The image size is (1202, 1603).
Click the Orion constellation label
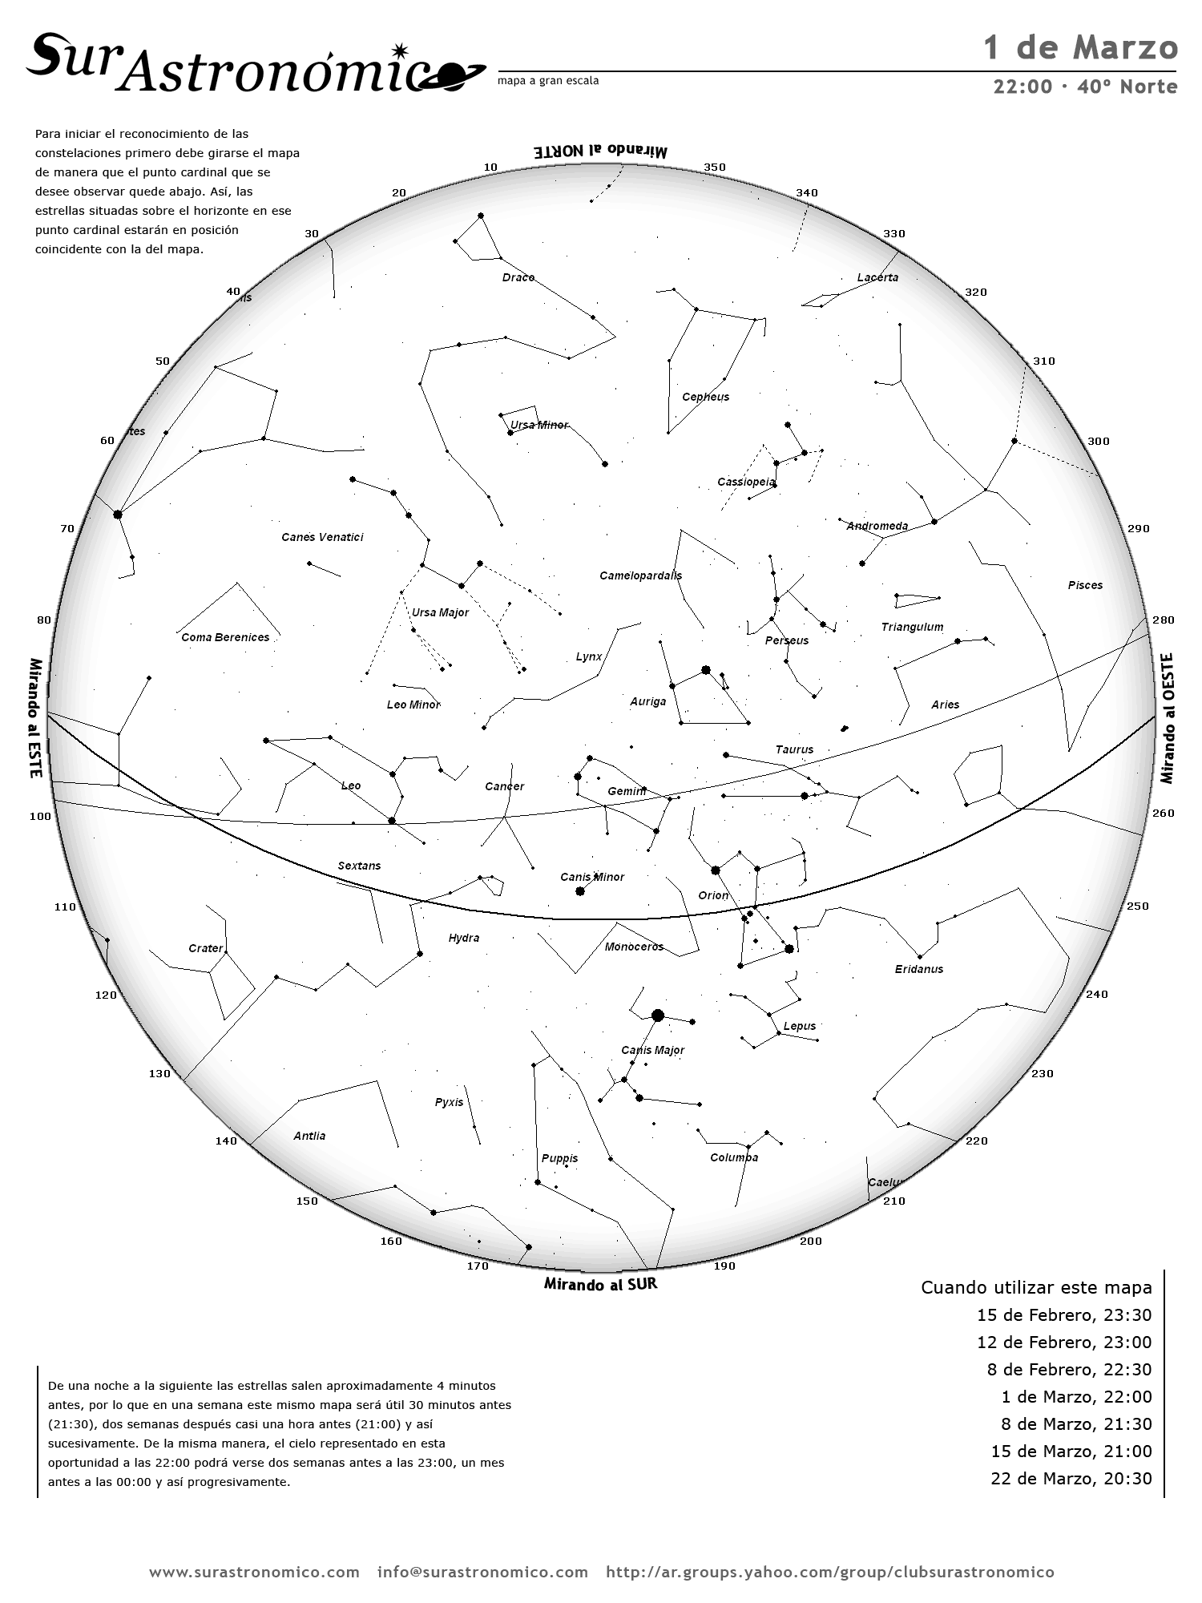pos(713,895)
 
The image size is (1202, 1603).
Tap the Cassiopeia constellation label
pos(746,482)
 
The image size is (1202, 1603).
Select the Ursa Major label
pos(440,612)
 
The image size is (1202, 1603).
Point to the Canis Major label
pos(652,1050)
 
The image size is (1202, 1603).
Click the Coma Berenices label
pos(225,637)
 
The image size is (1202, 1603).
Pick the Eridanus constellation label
pos(919,969)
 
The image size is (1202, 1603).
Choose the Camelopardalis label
pos(640,575)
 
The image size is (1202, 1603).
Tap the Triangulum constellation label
pos(912,627)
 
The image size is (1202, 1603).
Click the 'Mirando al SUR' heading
pos(600,1284)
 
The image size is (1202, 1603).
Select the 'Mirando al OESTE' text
pos(1167,718)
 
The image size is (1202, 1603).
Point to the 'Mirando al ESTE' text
pos(35,718)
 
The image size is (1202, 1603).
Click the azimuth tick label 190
pos(724,1266)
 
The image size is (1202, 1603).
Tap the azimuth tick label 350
pos(715,168)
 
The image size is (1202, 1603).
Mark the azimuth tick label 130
pos(159,1074)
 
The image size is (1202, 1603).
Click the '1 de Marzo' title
pos(1080,48)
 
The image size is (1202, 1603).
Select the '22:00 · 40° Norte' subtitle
pos(1085,87)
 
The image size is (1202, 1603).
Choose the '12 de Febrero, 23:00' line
pos(1063,1342)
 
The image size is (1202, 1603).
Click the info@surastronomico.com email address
pos(482,1572)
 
